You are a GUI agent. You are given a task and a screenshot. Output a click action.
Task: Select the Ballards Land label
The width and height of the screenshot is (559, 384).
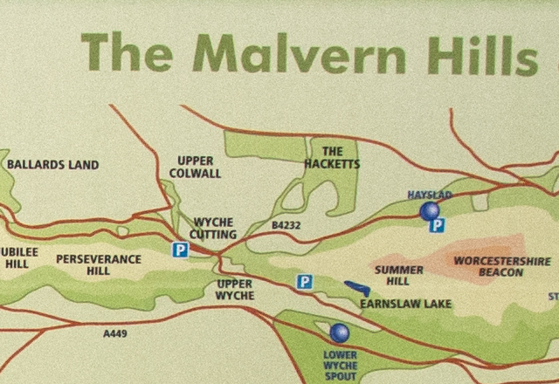pyautogui.click(x=52, y=164)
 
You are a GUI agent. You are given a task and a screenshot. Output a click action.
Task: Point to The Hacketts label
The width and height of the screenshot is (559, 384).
pyautogui.click(x=331, y=157)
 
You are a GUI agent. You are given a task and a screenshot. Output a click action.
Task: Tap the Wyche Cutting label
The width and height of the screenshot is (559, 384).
pyautogui.click(x=213, y=229)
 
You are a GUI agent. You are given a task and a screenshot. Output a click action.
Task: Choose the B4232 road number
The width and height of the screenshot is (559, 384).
pyautogui.click(x=286, y=225)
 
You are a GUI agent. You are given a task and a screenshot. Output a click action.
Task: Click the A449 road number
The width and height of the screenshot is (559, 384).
pyautogui.click(x=115, y=333)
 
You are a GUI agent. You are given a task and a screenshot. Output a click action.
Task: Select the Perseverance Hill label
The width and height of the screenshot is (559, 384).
pyautogui.click(x=99, y=265)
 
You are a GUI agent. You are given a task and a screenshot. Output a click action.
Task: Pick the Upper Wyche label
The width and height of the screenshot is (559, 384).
pyautogui.click(x=235, y=290)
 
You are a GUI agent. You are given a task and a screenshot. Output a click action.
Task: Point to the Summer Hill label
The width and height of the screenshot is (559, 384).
pyautogui.click(x=398, y=275)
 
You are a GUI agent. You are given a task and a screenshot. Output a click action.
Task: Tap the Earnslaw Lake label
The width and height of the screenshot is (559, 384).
pyautogui.click(x=405, y=304)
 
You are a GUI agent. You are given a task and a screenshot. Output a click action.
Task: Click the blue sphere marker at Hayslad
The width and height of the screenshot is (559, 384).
pyautogui.click(x=429, y=210)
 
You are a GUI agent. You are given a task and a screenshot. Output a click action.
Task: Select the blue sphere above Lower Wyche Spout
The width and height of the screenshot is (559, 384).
pyautogui.click(x=340, y=333)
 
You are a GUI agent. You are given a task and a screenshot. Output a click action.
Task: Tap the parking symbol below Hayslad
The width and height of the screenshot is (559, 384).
pyautogui.click(x=438, y=226)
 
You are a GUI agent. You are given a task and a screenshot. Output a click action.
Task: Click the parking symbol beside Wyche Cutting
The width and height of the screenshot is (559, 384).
pyautogui.click(x=179, y=250)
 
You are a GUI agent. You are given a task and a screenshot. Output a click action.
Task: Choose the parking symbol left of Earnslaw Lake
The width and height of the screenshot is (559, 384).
pyautogui.click(x=304, y=281)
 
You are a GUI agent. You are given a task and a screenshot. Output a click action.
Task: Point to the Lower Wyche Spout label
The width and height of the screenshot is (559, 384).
pyautogui.click(x=341, y=365)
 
